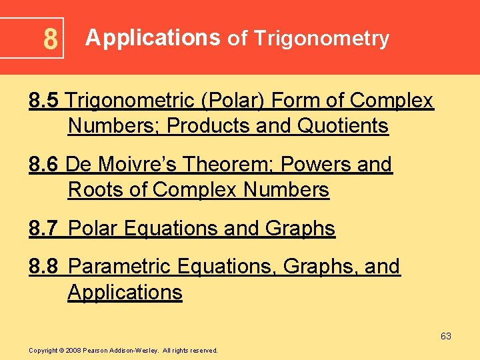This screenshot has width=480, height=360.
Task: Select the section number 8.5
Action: [45, 101]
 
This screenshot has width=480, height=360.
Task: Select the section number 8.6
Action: [45, 165]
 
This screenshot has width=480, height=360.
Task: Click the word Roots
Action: [97, 190]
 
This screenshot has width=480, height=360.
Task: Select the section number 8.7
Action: [45, 229]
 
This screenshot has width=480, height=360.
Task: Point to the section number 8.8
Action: [45, 267]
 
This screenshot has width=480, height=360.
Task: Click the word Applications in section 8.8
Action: [125, 292]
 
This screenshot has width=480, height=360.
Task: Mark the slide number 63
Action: [446, 336]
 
